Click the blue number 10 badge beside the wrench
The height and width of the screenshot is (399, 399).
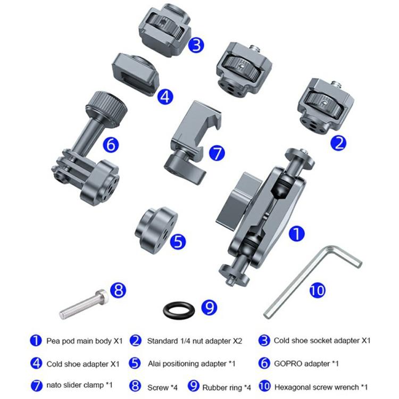click(318, 290)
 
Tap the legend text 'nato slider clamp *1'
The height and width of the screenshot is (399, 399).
click(79, 387)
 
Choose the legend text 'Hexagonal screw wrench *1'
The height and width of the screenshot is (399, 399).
click(321, 387)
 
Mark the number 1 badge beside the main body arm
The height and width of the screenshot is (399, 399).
click(297, 234)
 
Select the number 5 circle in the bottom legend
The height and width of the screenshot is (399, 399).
click(136, 364)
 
